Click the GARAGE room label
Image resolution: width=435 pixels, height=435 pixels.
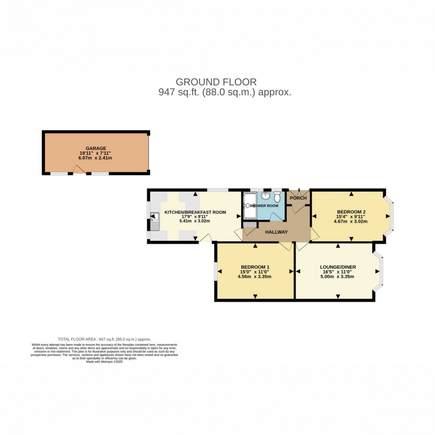coord(95,148)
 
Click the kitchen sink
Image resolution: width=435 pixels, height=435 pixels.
coord(154,221)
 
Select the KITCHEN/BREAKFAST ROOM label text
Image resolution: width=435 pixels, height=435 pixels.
coord(195,212)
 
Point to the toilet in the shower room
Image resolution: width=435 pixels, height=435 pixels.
coord(277,196)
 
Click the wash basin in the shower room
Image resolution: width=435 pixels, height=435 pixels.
coord(265,196)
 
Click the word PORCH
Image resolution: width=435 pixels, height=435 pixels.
coord(298,198)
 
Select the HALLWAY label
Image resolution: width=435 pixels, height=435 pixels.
coord(277,232)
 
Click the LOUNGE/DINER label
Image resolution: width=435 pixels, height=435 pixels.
coord(338,267)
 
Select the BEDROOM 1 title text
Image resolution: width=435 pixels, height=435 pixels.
coord(254,267)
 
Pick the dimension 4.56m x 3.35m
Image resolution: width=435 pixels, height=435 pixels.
coord(254,277)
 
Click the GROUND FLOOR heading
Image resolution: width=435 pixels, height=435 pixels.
coord(216,82)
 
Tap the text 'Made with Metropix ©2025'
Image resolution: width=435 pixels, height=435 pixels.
coord(105,361)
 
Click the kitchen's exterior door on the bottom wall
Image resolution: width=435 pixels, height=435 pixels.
coord(205,240)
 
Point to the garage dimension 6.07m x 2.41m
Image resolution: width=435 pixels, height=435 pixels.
coord(95,158)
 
